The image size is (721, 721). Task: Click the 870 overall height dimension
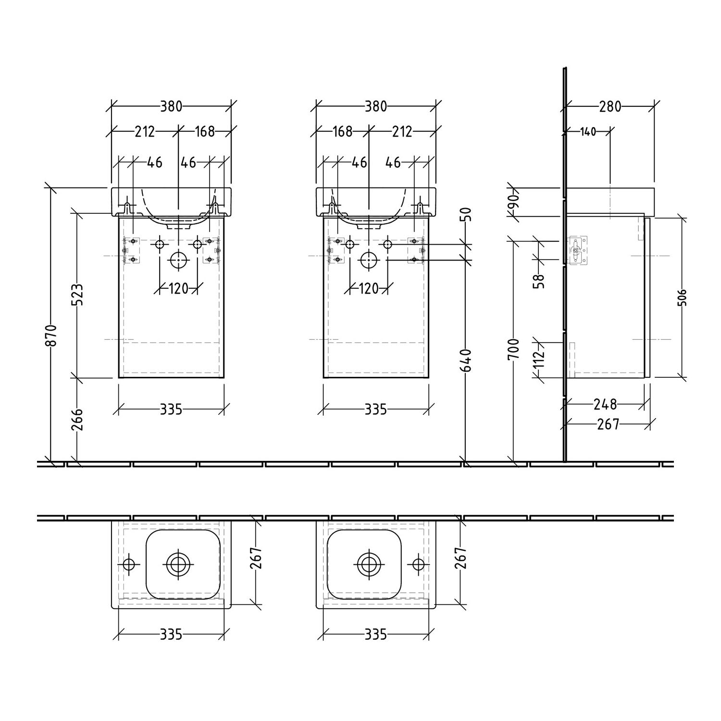pyautogui.click(x=52, y=335)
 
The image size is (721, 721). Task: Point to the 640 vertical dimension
pyautogui.click(x=466, y=360)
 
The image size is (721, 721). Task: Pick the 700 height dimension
pyautogui.click(x=514, y=349)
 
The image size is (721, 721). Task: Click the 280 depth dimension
pyautogui.click(x=610, y=106)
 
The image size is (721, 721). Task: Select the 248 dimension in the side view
pyautogui.click(x=605, y=404)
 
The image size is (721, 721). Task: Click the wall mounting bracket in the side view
pyautogui.click(x=578, y=250)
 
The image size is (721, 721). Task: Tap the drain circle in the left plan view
pyautogui.click(x=178, y=563)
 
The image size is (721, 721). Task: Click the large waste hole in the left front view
pyautogui.click(x=178, y=260)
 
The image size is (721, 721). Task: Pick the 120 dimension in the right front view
pyautogui.click(x=369, y=288)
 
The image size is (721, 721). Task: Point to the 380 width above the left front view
pyautogui.click(x=171, y=106)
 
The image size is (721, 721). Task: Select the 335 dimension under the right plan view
pyautogui.click(x=375, y=634)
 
